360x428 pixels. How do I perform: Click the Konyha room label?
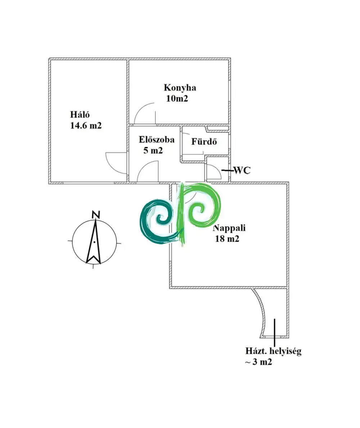[x=180, y=87]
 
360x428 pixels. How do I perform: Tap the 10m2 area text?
[x=177, y=98]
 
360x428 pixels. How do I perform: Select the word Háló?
[x=80, y=115]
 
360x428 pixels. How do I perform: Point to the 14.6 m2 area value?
[x=86, y=126]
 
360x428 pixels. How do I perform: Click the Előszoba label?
[x=157, y=140]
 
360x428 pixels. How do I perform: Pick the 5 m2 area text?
[x=153, y=150]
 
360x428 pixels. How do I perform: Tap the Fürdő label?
[x=204, y=141]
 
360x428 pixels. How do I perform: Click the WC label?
[x=242, y=170]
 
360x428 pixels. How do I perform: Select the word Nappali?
[x=231, y=228]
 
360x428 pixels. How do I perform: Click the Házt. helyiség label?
[x=273, y=351]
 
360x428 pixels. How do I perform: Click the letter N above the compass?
[x=96, y=215]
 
